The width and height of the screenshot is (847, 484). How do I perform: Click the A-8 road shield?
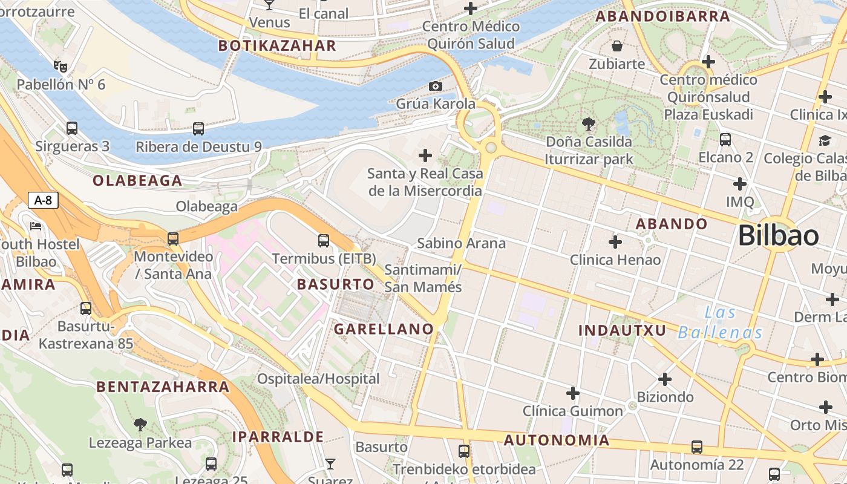coord(43,200)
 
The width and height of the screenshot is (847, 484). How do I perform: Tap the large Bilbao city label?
coord(779,235)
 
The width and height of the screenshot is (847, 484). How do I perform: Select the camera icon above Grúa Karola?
coord(435,87)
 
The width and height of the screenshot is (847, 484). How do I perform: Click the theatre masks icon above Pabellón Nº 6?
coord(60,65)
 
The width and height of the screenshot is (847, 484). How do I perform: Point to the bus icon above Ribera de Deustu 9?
coord(198,128)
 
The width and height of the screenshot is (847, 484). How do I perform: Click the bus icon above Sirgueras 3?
coord(72,128)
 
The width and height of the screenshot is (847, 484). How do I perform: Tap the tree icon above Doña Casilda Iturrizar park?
coord(588,124)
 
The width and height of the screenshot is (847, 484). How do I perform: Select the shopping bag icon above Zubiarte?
coord(617,46)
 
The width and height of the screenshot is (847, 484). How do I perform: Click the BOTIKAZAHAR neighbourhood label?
coord(277,46)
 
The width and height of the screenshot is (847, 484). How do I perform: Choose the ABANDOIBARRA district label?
coord(663,16)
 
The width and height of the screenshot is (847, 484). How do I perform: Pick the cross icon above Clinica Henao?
coord(615,242)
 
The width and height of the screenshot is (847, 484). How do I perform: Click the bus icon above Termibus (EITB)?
coord(324,241)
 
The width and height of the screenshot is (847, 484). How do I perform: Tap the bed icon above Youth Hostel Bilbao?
coord(36,226)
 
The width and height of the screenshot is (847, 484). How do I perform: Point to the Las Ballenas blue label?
coord(720,322)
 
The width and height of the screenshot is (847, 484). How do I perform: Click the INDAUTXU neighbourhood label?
coord(622,330)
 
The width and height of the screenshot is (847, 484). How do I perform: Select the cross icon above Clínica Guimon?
coord(573,394)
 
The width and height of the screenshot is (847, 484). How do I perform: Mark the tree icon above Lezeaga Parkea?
coord(140,424)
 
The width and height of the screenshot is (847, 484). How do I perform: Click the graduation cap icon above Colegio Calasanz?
coord(825,140)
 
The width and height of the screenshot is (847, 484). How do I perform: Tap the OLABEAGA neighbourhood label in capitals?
coord(137,180)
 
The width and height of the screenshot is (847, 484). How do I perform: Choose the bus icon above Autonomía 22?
coord(697,447)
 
